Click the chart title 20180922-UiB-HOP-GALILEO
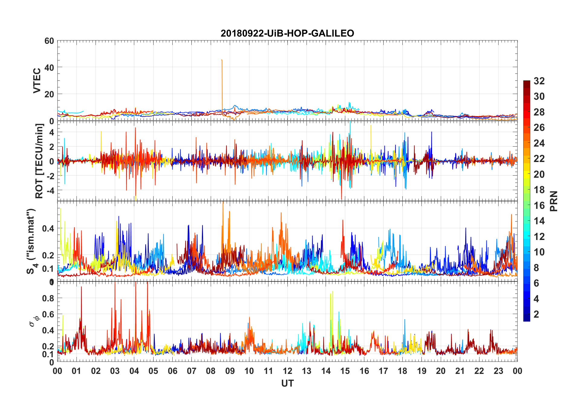point(287,33)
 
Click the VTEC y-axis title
point(37,81)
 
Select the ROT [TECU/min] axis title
point(39,161)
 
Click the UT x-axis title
point(287,384)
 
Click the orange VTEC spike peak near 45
point(222,60)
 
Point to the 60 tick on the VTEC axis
point(49,41)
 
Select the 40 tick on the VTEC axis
point(49,67)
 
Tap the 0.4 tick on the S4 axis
point(48,229)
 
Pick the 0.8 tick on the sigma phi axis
point(48,298)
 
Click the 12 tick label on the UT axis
point(287,371)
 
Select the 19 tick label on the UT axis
point(422,371)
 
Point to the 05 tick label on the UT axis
point(153,371)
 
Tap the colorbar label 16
point(539,206)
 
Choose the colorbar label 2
point(536,314)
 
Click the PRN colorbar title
point(554,201)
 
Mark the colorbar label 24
point(539,143)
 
